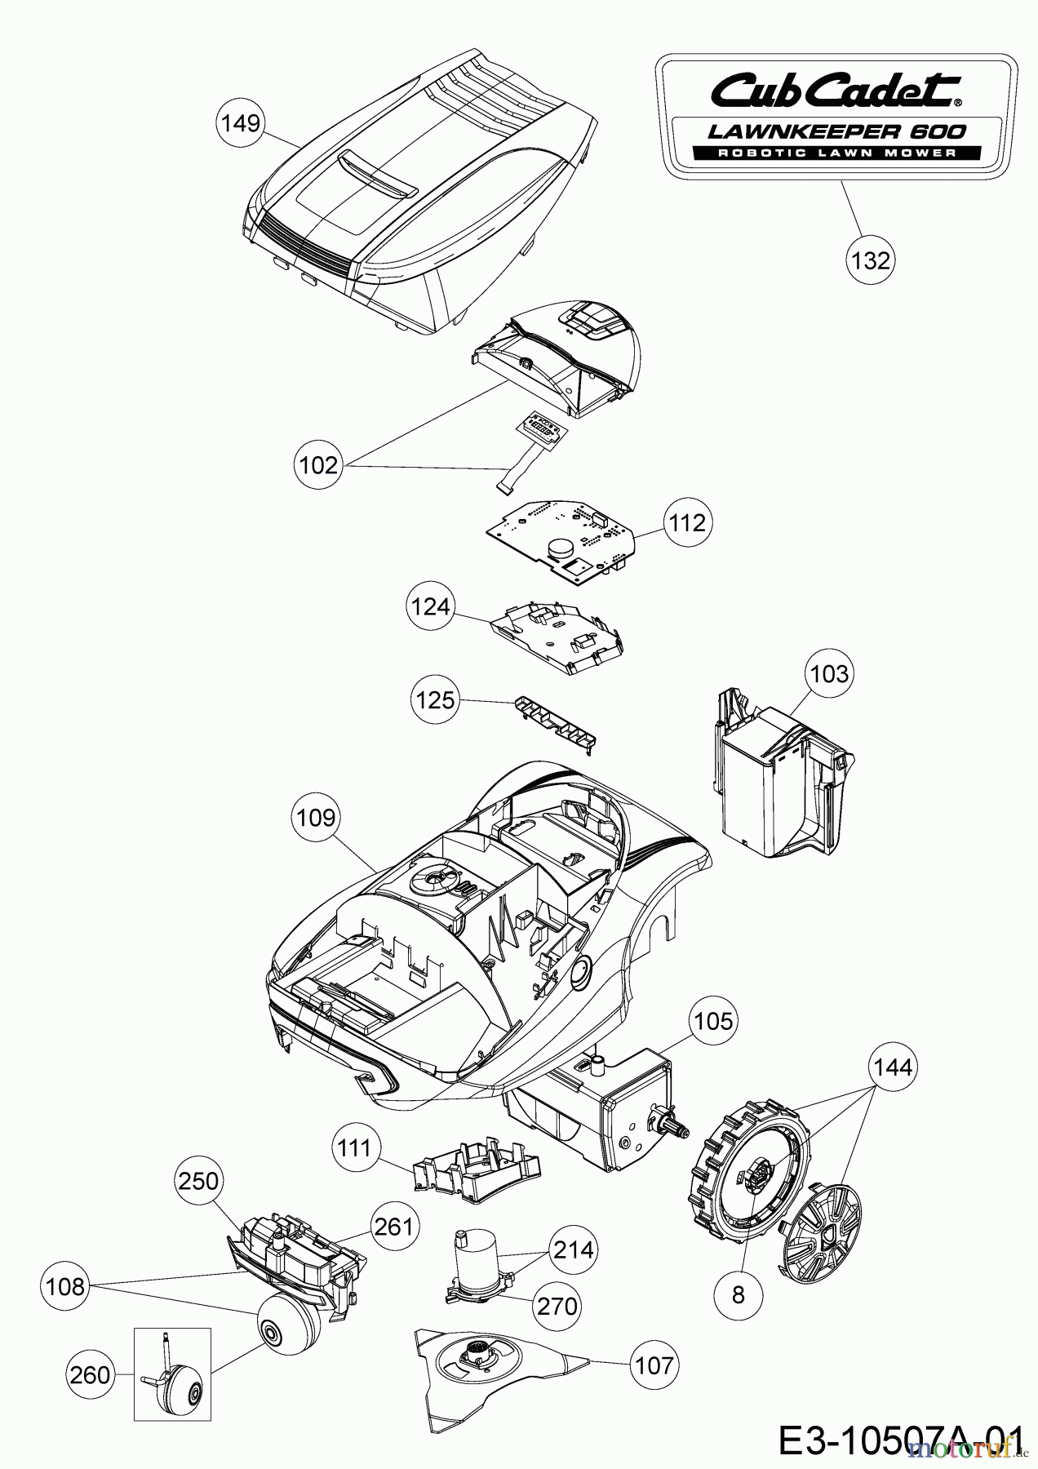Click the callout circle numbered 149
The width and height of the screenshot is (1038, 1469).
(240, 123)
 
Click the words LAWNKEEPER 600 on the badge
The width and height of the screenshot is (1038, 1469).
(836, 131)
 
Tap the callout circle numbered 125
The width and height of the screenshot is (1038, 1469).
(435, 700)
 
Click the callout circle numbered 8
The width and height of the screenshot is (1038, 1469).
(739, 1295)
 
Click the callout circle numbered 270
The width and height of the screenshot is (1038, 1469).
(557, 1307)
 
